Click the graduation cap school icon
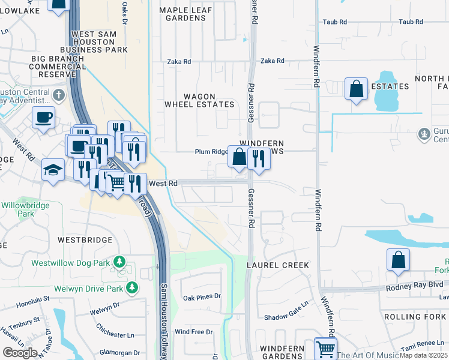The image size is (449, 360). (53, 170)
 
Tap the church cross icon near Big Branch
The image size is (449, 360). (58, 95)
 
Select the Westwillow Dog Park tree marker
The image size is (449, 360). (119, 262)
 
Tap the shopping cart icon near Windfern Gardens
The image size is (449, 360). (325, 348)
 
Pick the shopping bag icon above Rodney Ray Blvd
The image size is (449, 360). (398, 260)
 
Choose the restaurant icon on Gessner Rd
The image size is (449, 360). (259, 158)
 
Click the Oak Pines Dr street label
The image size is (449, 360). (202, 297)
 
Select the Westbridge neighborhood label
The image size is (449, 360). (85, 240)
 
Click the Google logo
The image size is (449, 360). (19, 353)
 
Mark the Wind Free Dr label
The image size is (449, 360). (193, 332)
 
